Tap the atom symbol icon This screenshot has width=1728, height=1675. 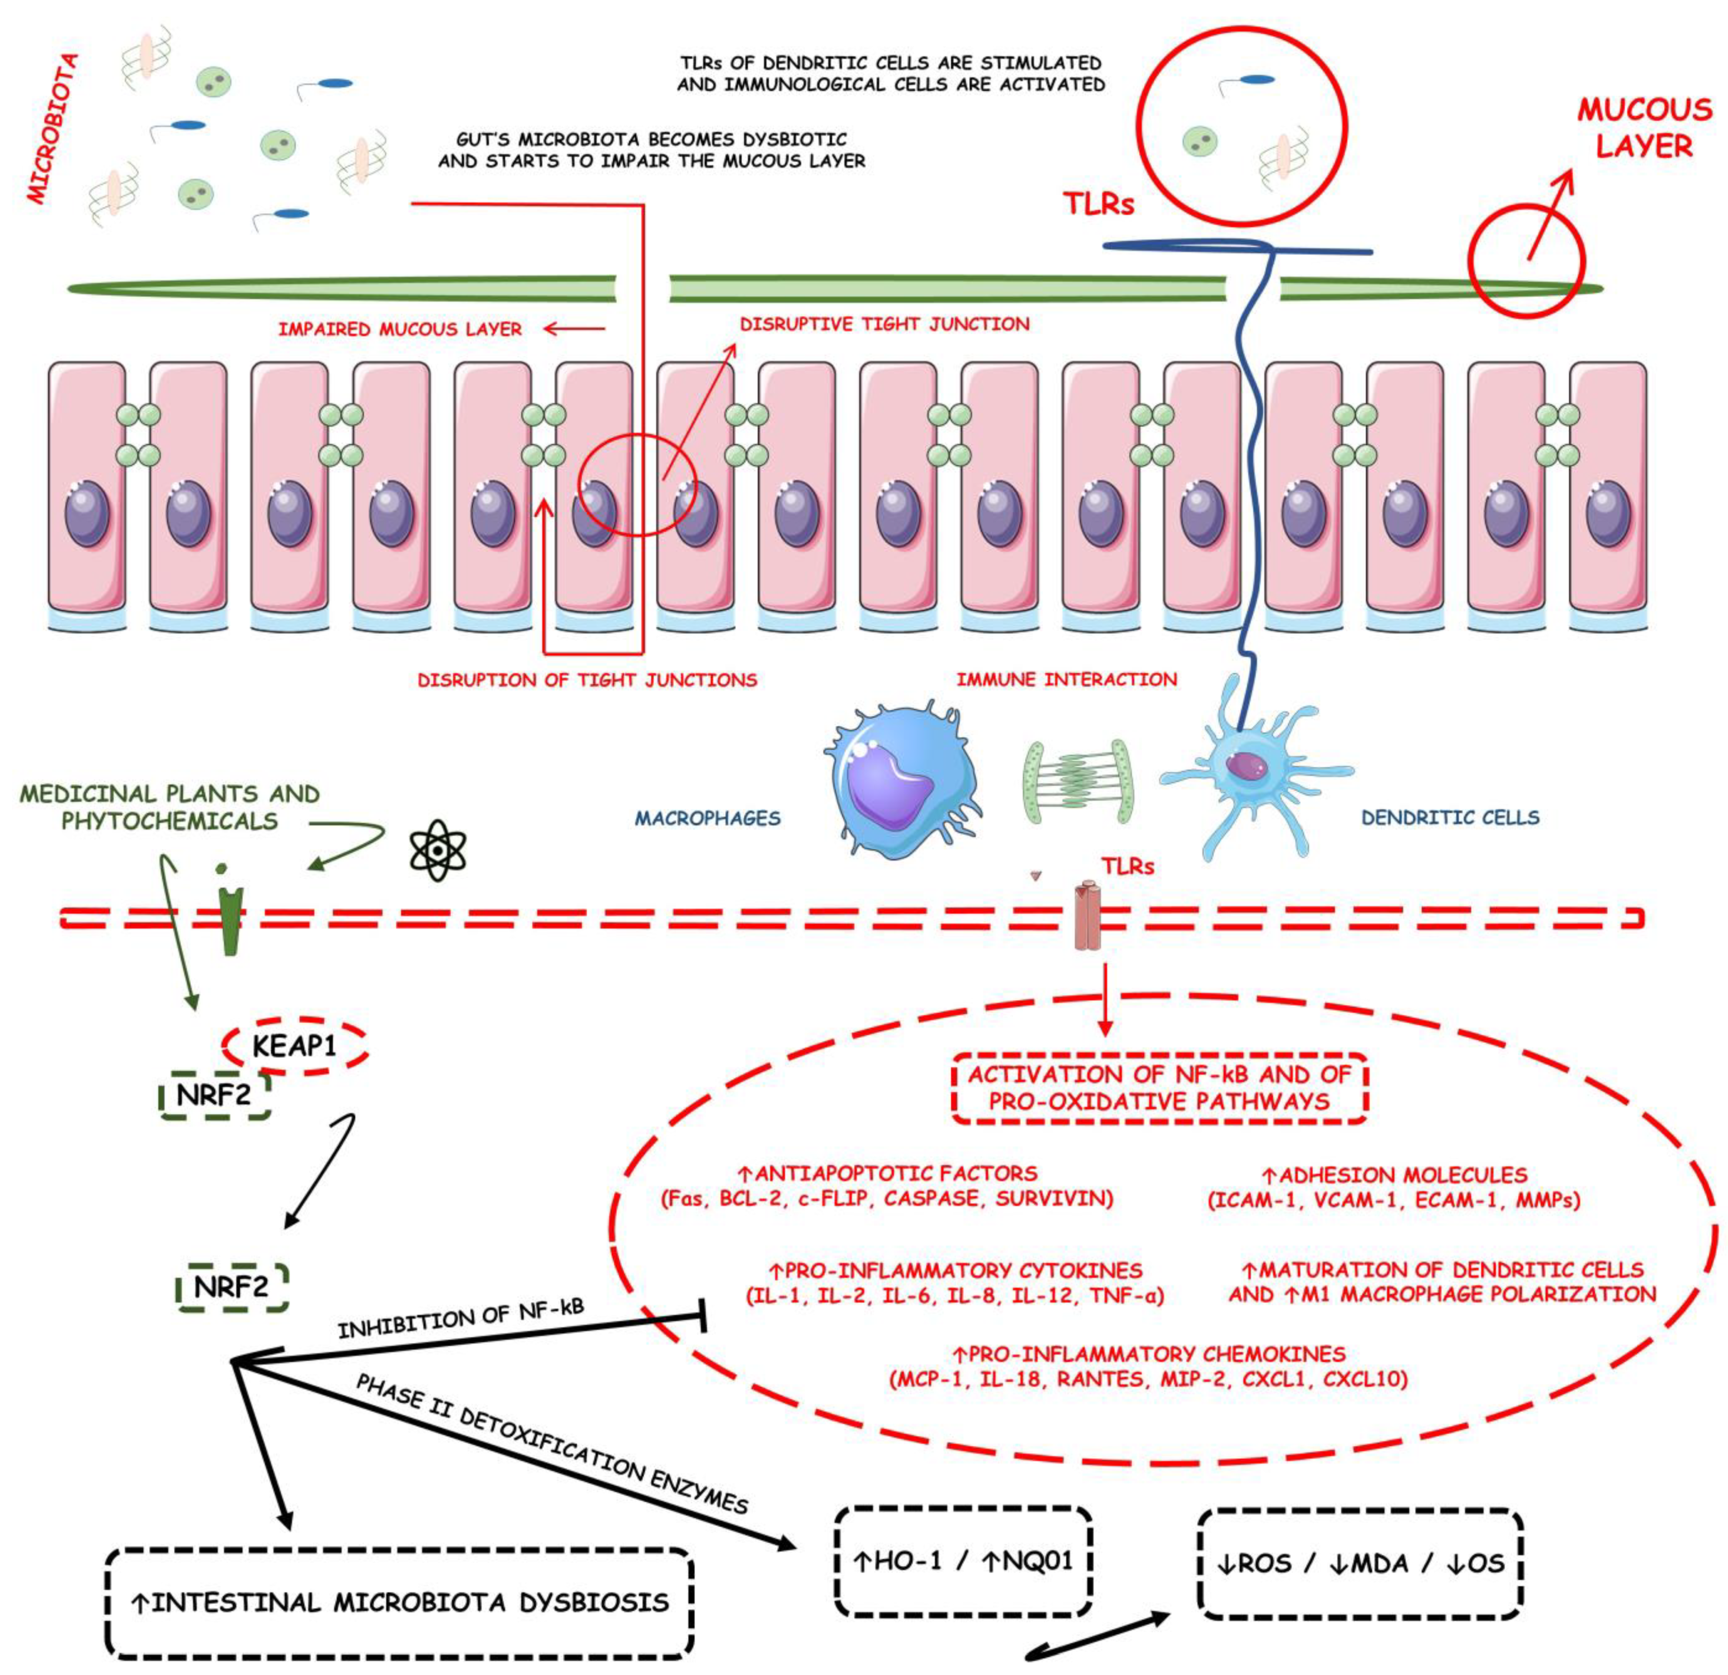click(x=438, y=851)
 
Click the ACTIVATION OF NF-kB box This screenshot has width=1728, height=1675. click(x=1159, y=1087)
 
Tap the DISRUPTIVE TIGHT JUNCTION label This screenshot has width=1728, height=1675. click(x=884, y=324)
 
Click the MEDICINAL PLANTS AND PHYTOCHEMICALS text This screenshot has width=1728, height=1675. click(x=169, y=807)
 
